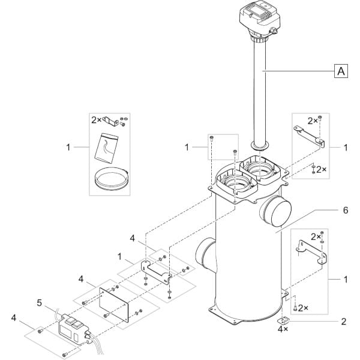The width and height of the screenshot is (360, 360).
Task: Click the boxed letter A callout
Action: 341,71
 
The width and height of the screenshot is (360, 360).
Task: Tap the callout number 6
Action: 346,210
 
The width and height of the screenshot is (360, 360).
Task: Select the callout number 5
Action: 39,303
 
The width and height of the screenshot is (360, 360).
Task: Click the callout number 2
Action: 343,322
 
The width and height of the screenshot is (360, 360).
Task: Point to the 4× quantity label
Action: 283,329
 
